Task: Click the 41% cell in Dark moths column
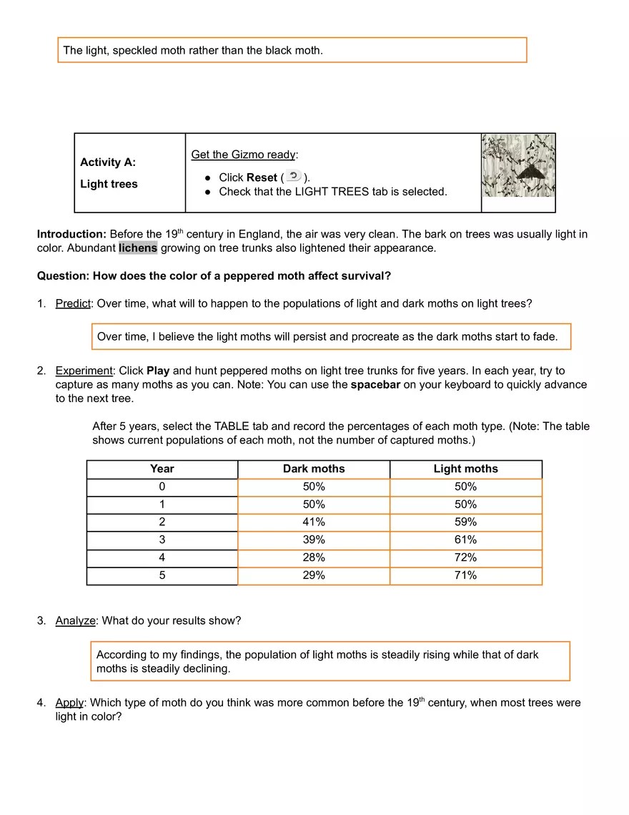tap(314, 522)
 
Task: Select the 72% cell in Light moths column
tap(465, 557)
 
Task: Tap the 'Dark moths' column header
tap(314, 469)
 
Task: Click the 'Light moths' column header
tap(465, 469)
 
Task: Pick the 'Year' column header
tap(162, 469)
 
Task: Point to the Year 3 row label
tap(162, 540)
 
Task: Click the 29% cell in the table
tap(314, 575)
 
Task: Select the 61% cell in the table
tap(465, 540)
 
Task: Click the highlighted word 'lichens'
tap(138, 248)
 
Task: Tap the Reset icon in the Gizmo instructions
tap(293, 177)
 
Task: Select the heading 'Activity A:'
tap(108, 162)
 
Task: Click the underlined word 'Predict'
tap(73, 303)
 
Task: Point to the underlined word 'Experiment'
tap(84, 371)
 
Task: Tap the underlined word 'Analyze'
tap(75, 621)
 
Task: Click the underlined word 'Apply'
tap(69, 703)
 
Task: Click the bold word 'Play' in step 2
tap(158, 371)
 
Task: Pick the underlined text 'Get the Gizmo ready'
tap(243, 155)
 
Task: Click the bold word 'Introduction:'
tap(71, 234)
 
